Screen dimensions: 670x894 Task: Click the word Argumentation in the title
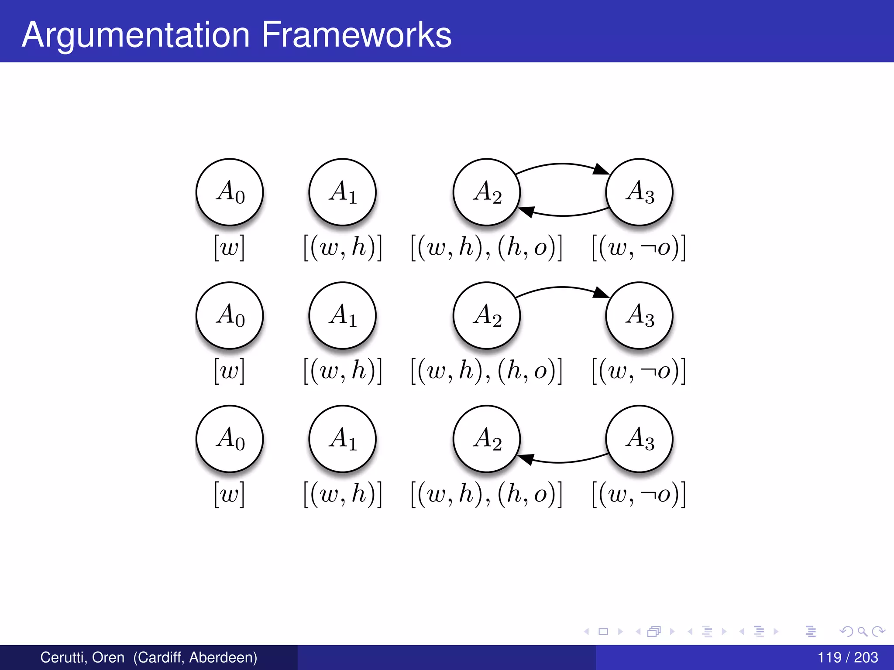pos(135,35)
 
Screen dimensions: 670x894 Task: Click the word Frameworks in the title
pos(356,35)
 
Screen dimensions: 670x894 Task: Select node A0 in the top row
pos(230,192)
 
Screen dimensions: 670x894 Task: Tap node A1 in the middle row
pos(343,315)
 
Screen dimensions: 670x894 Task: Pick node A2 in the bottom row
pos(487,439)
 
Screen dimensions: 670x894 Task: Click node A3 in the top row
pos(640,192)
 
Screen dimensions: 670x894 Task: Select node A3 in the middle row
pos(640,315)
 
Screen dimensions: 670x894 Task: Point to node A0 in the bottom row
pos(230,439)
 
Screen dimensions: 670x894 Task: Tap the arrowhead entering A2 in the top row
pos(526,212)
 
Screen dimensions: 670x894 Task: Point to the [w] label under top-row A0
pos(230,248)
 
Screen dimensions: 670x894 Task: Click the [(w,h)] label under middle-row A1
pos(343,371)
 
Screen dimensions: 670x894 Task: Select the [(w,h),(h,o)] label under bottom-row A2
pos(486,495)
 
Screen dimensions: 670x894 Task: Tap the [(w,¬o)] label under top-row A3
pos(639,248)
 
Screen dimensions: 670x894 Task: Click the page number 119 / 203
pos(847,657)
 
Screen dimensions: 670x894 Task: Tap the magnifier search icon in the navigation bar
pos(862,632)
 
